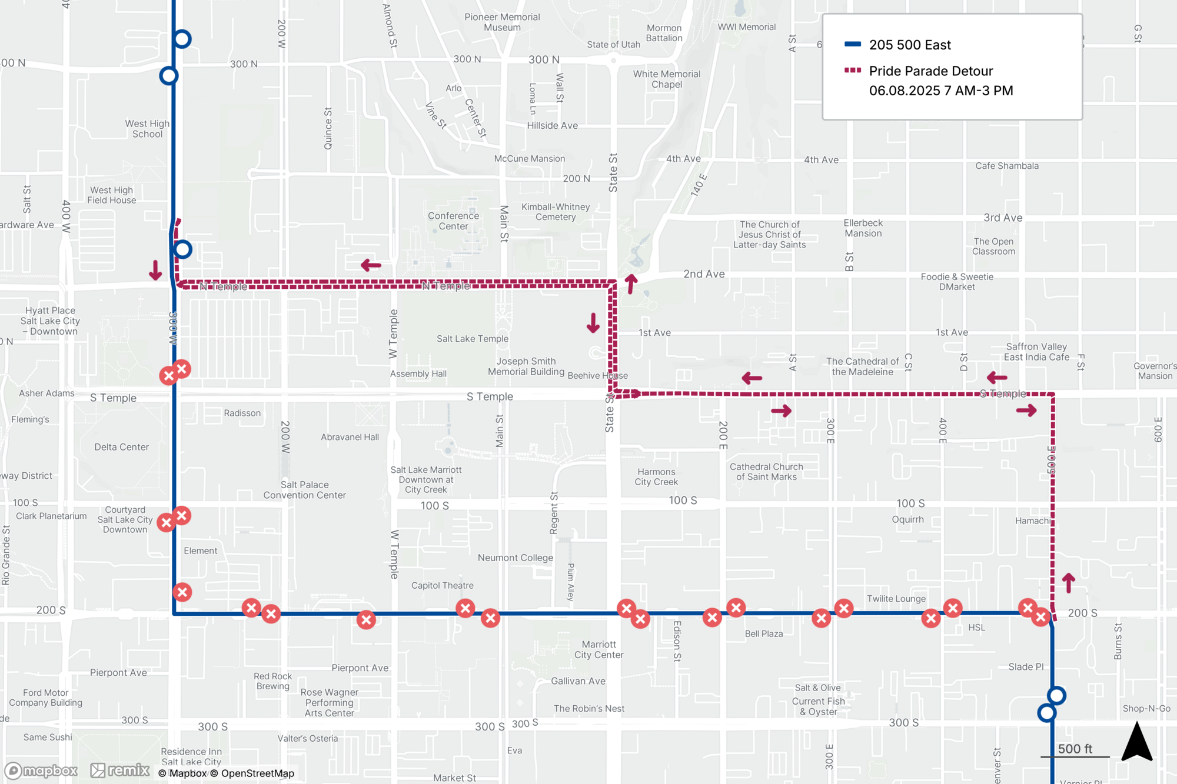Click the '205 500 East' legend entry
click(x=909, y=45)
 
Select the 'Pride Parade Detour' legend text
click(x=930, y=71)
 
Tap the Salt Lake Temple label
click(x=472, y=339)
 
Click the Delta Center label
click(x=121, y=447)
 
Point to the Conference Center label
click(x=453, y=221)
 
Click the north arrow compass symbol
click(x=1136, y=743)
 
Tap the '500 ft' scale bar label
click(x=1075, y=749)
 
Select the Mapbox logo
click(x=41, y=770)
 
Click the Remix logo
click(x=120, y=770)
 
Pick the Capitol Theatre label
click(x=442, y=585)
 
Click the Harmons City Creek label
click(x=656, y=477)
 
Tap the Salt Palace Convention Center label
click(x=304, y=490)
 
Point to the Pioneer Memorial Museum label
click(x=502, y=22)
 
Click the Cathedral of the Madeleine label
click(x=862, y=366)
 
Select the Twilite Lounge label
click(x=896, y=599)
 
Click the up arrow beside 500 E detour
click(x=1069, y=582)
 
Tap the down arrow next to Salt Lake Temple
click(x=593, y=323)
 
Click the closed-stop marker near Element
click(x=182, y=592)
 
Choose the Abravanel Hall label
click(x=350, y=437)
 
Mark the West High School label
click(x=147, y=129)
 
